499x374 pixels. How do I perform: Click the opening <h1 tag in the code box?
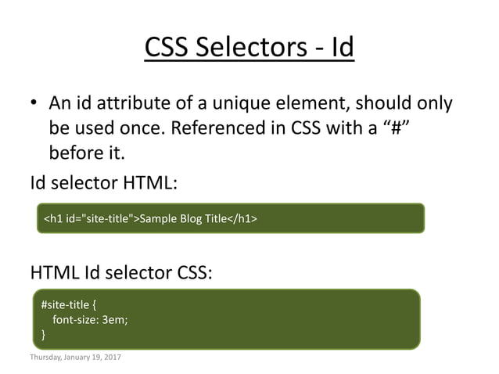(53, 218)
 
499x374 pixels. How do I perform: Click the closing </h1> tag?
(242, 218)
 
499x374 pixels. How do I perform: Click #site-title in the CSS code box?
(65, 304)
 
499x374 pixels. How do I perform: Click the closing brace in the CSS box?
(43, 334)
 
